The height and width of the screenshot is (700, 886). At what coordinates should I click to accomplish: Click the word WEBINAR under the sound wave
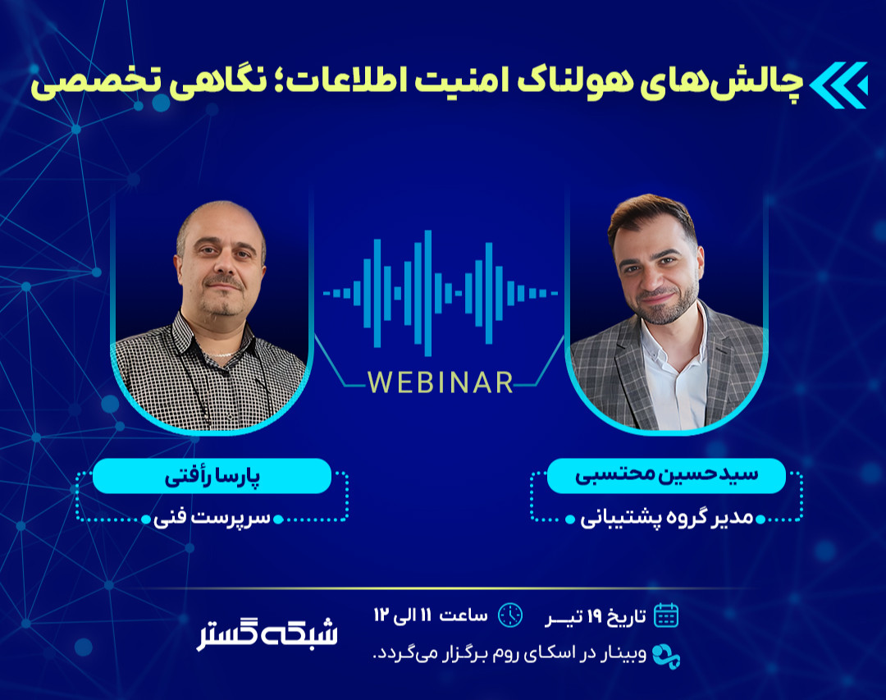tap(441, 382)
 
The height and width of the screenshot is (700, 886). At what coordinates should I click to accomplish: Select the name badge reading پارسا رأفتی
tap(212, 476)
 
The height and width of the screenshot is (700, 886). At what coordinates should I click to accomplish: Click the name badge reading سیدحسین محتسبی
tap(665, 476)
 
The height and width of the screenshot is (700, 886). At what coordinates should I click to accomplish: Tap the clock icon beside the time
tap(510, 615)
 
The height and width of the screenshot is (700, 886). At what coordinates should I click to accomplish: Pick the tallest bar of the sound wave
tap(427, 292)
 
